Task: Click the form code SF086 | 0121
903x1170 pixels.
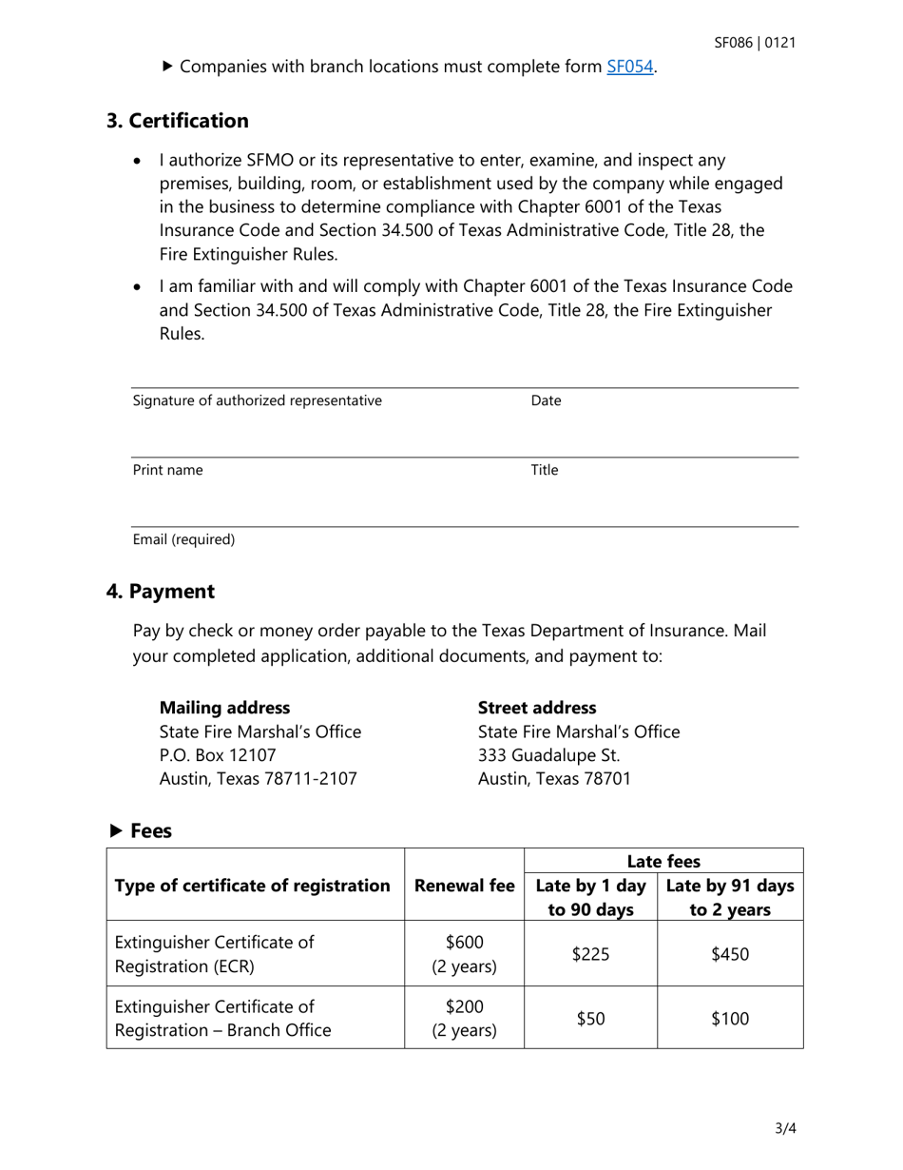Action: [756, 43]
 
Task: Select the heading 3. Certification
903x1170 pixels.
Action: [178, 121]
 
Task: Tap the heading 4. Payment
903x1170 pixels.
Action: [161, 591]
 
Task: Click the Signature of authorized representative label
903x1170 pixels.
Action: [258, 400]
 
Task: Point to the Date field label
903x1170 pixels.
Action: [546, 400]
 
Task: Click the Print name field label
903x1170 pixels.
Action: [167, 469]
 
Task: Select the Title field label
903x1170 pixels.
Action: [544, 469]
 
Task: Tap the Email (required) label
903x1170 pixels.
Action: [183, 539]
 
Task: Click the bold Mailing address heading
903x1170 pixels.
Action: [225, 708]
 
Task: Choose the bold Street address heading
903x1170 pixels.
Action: [537, 708]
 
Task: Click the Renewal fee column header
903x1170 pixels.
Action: [464, 886]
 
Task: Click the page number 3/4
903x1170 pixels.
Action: [785, 1130]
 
